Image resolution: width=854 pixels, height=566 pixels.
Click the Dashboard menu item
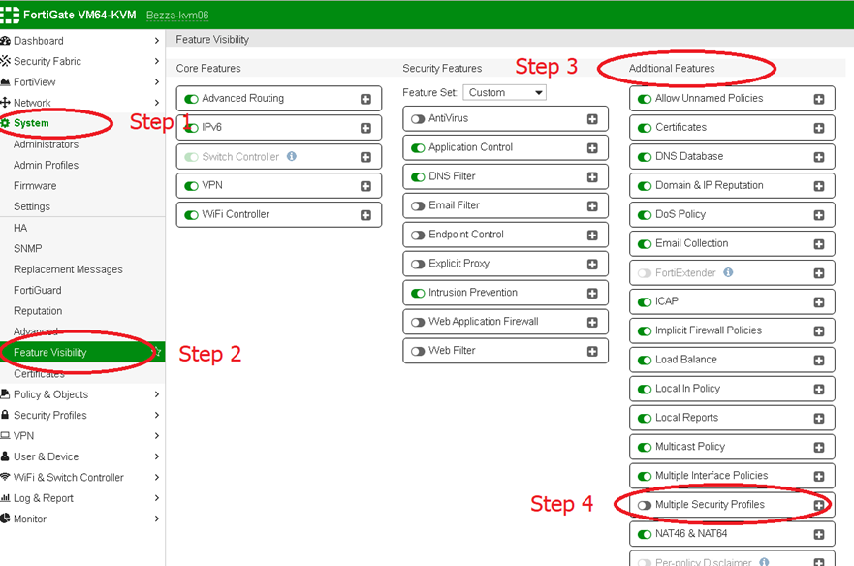pyautogui.click(x=38, y=41)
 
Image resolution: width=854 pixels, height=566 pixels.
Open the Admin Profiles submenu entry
pyautogui.click(x=46, y=165)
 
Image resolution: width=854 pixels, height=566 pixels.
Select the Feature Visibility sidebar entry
pyautogui.click(x=50, y=353)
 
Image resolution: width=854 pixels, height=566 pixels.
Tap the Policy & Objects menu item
pyautogui.click(x=50, y=394)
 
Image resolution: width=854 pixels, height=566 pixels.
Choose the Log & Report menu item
pyautogui.click(x=43, y=498)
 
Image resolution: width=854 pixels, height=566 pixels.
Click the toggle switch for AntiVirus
pyautogui.click(x=418, y=119)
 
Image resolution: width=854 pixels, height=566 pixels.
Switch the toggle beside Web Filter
pyautogui.click(x=418, y=352)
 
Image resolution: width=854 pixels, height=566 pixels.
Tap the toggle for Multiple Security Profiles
pyautogui.click(x=645, y=506)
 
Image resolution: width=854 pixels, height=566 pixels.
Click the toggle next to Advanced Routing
pyautogui.click(x=191, y=99)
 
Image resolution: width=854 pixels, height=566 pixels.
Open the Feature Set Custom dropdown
pyautogui.click(x=504, y=93)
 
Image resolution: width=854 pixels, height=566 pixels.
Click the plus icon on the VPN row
pyautogui.click(x=366, y=186)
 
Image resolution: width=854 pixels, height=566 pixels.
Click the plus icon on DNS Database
pyautogui.click(x=819, y=157)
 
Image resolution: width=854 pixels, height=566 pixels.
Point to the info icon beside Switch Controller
pyautogui.click(x=292, y=156)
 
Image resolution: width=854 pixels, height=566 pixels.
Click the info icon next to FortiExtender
pyautogui.click(x=728, y=272)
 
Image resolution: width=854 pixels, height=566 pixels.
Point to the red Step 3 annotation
pyautogui.click(x=547, y=67)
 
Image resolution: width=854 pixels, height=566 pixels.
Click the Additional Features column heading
pyautogui.click(x=672, y=68)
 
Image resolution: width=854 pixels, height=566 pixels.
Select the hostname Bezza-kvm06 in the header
pyautogui.click(x=177, y=16)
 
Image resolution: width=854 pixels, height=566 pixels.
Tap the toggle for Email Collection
pyautogui.click(x=645, y=244)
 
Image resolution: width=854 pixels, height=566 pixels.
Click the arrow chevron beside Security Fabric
pyautogui.click(x=157, y=61)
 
